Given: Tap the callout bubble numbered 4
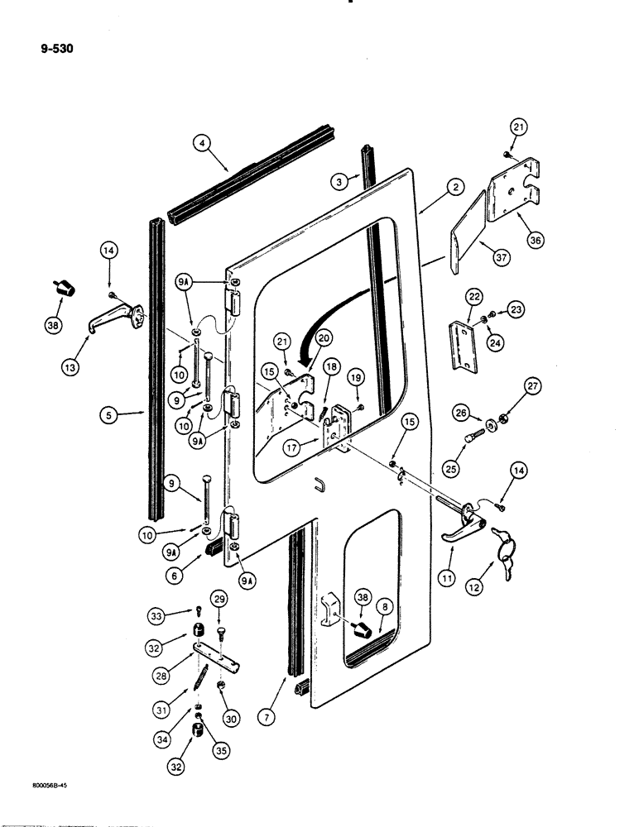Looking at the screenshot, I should pos(199,142).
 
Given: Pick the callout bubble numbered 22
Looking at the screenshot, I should pos(474,296).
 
